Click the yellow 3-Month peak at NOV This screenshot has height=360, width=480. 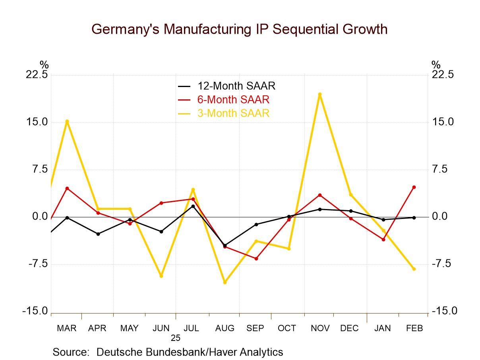(319, 94)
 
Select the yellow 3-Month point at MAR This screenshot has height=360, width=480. (67, 121)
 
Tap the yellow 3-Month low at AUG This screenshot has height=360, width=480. (225, 282)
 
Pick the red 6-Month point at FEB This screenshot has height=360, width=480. (414, 187)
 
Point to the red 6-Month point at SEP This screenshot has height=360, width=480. (256, 259)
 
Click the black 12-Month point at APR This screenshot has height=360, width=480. (98, 234)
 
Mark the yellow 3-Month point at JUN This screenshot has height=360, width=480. (161, 276)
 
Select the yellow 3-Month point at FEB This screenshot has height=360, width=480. (414, 269)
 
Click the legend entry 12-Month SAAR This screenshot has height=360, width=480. (236, 86)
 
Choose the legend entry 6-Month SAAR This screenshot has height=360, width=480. (233, 99)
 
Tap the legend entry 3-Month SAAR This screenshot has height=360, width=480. (233, 113)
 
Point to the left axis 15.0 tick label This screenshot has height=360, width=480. (37, 122)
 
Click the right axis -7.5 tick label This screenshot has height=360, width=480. (443, 264)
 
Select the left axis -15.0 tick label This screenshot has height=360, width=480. (35, 311)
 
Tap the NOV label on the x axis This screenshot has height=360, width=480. (320, 328)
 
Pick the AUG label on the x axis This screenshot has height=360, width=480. (225, 328)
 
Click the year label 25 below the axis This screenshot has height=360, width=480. (176, 338)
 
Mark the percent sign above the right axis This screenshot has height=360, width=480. (436, 65)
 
